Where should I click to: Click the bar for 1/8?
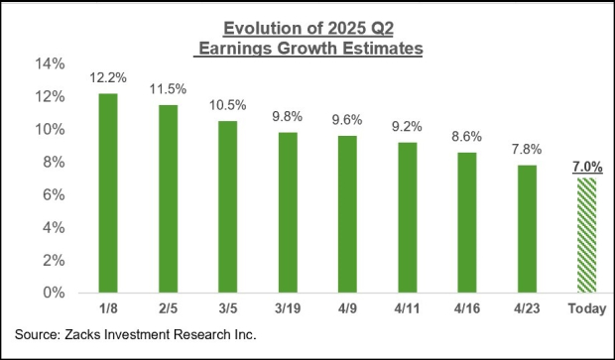[108, 193]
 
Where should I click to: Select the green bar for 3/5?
[227, 207]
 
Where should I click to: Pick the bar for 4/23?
[526, 229]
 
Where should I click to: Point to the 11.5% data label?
[168, 89]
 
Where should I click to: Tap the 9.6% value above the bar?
[346, 120]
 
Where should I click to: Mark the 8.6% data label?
[466, 137]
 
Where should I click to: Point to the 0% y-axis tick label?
[56, 294]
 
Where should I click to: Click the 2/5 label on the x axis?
[168, 310]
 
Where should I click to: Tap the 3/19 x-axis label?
[287, 310]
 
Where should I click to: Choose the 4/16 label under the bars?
[466, 310]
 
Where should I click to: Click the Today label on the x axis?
[585, 310]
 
